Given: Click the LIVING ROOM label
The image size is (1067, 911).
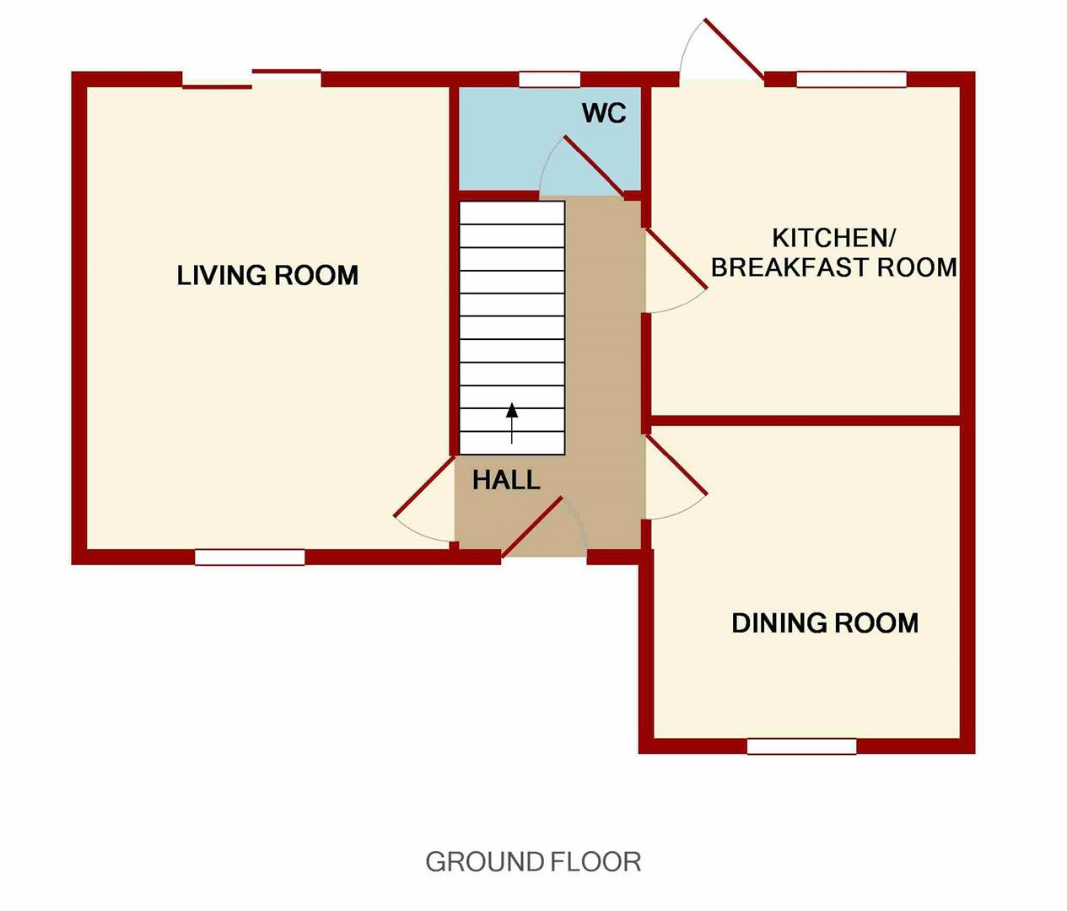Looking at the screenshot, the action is point(267,275).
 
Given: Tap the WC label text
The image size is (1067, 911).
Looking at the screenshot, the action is point(604,113).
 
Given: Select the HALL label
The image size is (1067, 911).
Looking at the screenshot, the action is point(506,481).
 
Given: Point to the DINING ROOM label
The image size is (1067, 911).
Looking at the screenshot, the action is point(825,623).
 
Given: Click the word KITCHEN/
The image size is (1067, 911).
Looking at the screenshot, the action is point(834,238).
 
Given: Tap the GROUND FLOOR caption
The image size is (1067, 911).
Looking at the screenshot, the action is point(533,861).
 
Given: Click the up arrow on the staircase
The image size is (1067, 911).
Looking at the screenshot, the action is point(511,423).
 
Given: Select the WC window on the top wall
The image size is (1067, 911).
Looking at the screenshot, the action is point(549,79).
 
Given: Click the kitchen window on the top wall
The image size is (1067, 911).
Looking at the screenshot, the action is point(852,79).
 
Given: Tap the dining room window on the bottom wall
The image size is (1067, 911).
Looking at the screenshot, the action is point(801,747).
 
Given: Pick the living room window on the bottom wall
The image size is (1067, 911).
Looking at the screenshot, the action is point(250,558).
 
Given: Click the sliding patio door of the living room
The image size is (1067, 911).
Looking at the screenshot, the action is point(251,79).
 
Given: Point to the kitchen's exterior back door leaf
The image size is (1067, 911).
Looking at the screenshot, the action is point(734,50).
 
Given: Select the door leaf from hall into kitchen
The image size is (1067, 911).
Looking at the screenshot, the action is point(676,258).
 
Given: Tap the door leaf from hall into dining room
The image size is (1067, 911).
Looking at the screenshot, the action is point(676,465).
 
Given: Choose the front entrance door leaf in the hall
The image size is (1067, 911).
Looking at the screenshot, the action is point(532,526).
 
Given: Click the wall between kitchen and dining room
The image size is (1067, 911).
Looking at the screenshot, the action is point(805,420).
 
